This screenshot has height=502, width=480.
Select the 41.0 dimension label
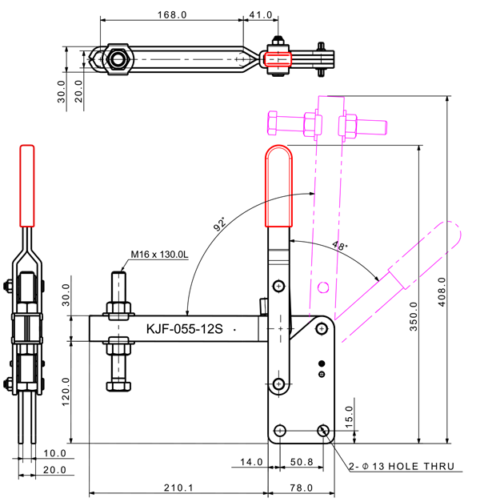[x=261, y=14]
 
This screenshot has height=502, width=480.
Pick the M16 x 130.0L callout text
[x=159, y=255]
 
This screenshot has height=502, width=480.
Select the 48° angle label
[x=341, y=247]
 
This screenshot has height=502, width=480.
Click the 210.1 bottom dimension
[x=178, y=488]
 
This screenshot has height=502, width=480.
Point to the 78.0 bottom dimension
[x=301, y=488]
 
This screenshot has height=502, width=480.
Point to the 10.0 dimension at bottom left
[x=55, y=453]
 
